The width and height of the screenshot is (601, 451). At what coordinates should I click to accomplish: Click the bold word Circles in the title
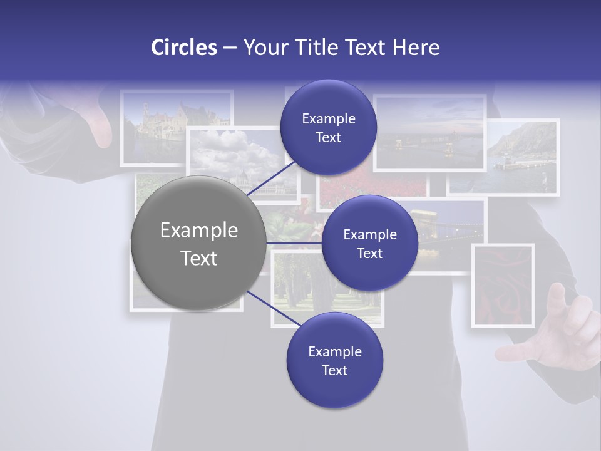183,48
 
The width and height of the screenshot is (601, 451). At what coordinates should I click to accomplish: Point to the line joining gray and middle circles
294,243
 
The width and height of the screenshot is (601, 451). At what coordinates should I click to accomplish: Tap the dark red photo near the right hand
503,285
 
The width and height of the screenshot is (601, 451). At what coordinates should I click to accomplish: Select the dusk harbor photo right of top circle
429,133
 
